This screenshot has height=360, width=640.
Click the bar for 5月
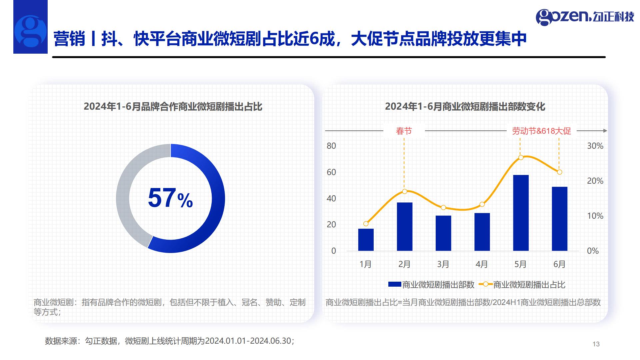[521, 213]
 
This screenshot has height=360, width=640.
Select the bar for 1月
[366, 240]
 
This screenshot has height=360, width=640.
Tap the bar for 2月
[405, 226]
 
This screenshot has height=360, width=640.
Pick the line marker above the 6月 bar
[560, 172]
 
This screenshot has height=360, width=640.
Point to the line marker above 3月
[443, 208]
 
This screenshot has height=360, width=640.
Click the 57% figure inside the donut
[170, 198]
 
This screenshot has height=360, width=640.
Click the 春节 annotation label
[404, 131]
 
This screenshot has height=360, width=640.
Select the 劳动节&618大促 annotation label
[542, 131]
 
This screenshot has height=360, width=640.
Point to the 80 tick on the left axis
[331, 146]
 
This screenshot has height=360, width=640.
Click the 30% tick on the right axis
[595, 146]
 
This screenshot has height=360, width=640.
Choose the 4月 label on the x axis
[482, 264]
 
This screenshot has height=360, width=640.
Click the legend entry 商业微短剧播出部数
[431, 285]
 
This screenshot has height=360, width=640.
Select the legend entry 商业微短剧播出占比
[522, 285]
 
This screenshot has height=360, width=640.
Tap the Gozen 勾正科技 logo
[585, 17]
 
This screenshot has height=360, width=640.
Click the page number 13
[596, 344]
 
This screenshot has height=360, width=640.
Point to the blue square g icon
[30, 27]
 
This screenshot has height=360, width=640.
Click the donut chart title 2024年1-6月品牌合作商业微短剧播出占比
[173, 107]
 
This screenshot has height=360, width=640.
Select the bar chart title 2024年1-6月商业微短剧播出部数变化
[465, 107]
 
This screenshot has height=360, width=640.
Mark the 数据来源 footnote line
[170, 341]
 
